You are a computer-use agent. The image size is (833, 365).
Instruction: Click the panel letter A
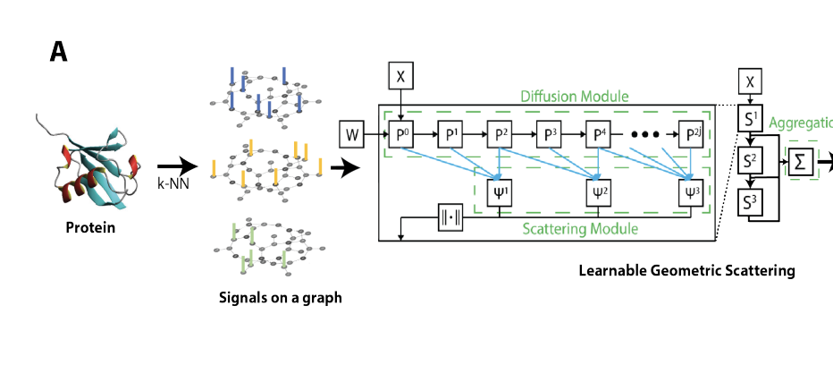tap(58, 53)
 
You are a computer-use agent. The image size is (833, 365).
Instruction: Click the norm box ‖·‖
tap(450, 216)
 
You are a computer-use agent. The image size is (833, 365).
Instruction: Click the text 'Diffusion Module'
tap(574, 96)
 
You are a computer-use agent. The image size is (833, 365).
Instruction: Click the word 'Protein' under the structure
tap(90, 227)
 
